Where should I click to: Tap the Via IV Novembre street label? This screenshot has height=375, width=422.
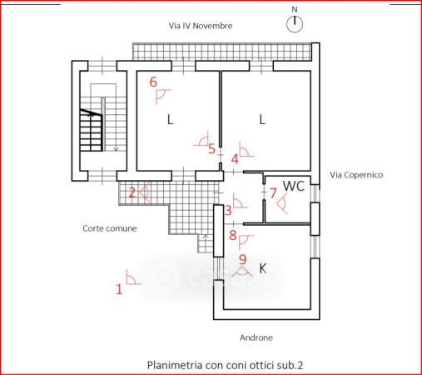201,26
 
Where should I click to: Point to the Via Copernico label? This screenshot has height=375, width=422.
356,175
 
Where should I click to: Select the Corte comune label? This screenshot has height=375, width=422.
110,228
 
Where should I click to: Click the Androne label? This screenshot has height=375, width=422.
256,337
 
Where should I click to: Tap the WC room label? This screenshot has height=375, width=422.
294,186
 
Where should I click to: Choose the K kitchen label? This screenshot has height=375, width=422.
262,268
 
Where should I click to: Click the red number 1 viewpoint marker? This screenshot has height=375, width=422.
119,289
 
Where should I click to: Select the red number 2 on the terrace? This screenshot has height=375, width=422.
132,192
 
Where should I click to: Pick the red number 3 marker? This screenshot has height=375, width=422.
228,211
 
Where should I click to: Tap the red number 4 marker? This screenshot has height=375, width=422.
235,159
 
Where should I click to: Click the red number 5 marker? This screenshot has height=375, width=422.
211,149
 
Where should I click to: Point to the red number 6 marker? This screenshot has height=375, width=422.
153,82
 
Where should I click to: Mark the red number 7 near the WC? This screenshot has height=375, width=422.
273,193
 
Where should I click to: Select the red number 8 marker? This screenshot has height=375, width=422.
233,235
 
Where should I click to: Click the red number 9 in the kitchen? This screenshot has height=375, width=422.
242,259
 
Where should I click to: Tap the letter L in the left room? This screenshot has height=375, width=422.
170,120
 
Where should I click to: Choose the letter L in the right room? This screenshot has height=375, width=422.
262,120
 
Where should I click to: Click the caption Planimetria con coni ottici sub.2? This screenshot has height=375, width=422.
225,365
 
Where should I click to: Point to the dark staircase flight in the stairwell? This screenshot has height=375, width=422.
92,130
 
